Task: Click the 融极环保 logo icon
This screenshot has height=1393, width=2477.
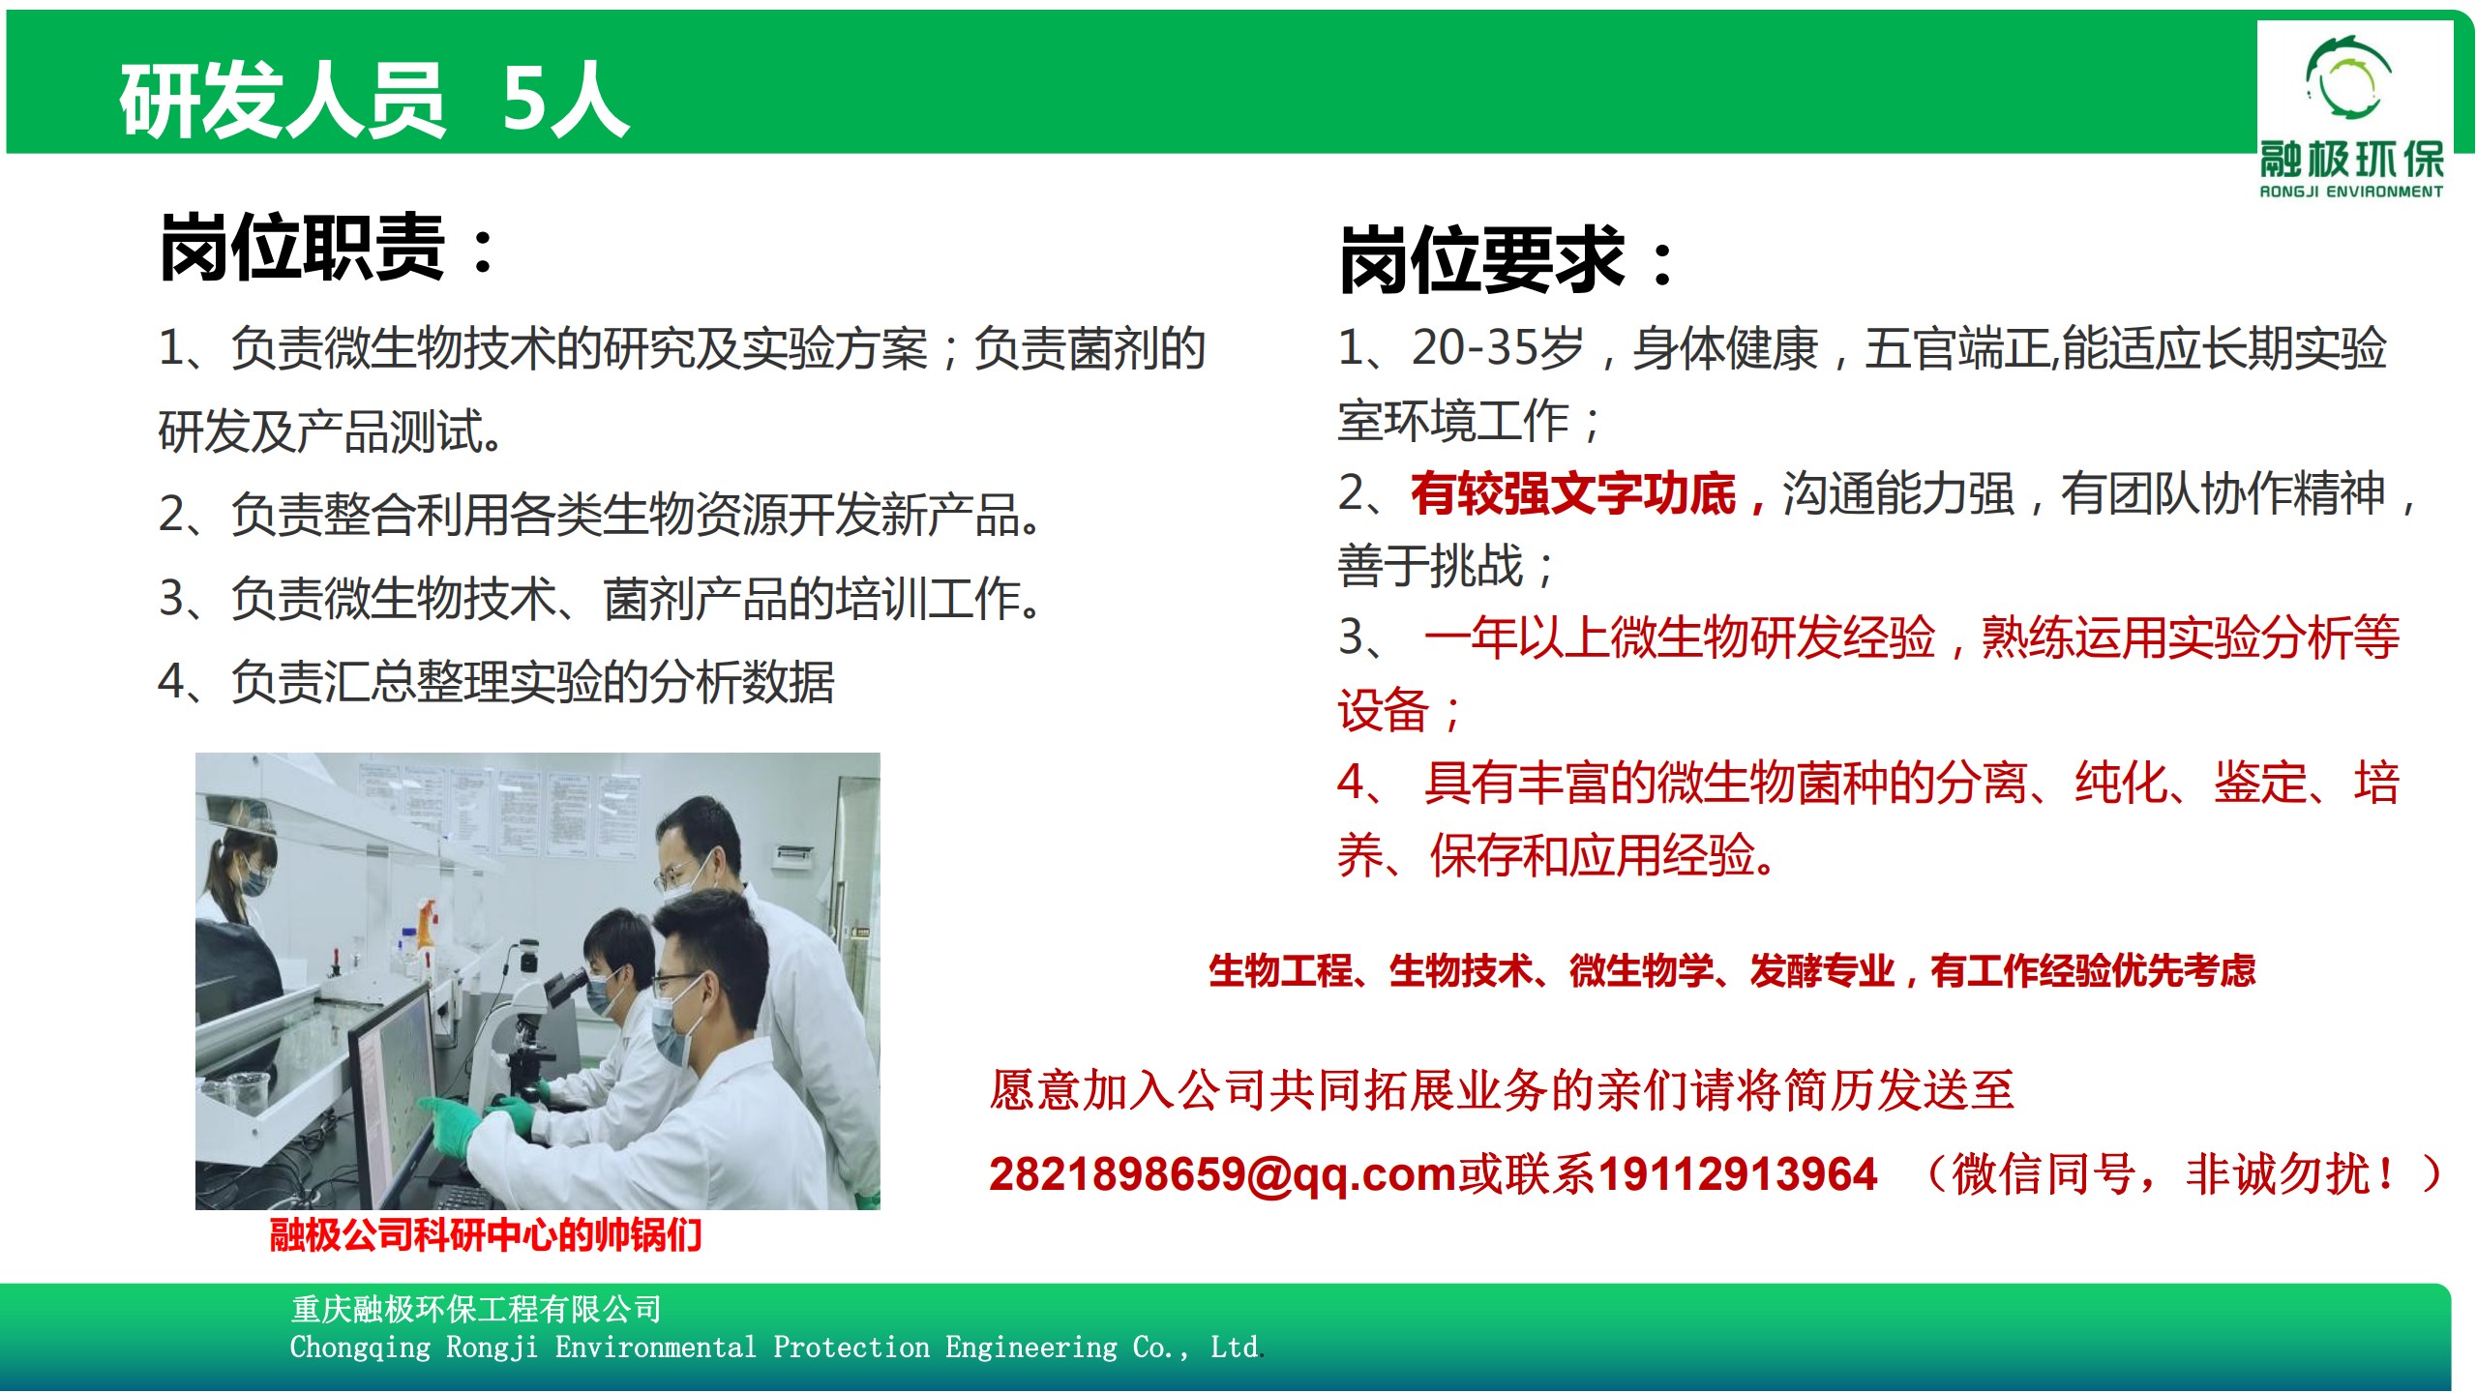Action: point(2348,78)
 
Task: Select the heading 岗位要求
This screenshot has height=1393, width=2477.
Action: point(1481,259)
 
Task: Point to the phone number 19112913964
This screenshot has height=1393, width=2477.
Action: point(1737,1174)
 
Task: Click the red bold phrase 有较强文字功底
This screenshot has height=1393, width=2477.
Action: point(1572,493)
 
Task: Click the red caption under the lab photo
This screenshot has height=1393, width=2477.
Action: point(486,1235)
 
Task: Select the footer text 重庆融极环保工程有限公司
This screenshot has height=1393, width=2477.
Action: point(476,1309)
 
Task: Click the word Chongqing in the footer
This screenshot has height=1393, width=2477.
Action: point(360,1348)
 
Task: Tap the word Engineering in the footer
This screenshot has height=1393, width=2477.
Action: point(1030,1348)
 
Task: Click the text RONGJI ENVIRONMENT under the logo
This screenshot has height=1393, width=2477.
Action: point(2351,192)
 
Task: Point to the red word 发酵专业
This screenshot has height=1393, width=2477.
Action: point(1821,970)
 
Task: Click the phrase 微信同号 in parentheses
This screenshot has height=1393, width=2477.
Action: point(2042,1174)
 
